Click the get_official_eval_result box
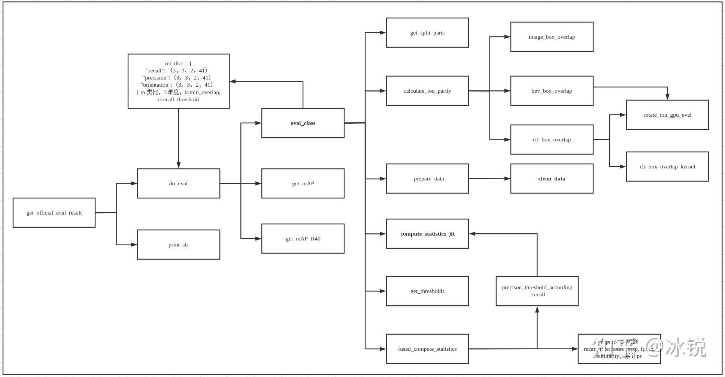tap(54, 213)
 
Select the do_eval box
tap(178, 183)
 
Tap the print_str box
tap(178, 245)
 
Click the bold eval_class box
tap(303, 123)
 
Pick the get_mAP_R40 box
tap(303, 239)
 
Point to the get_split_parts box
tap(427, 33)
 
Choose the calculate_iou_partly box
tap(427, 91)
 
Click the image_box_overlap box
tap(552, 37)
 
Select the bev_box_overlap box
tap(552, 91)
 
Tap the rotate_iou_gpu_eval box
tap(667, 115)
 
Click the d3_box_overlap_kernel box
tap(667, 167)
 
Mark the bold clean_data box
tap(552, 179)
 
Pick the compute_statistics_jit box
tap(427, 234)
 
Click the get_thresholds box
tap(427, 291)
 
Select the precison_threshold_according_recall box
tap(537, 291)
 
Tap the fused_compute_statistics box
tap(427, 349)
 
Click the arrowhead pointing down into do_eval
tap(179, 165)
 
